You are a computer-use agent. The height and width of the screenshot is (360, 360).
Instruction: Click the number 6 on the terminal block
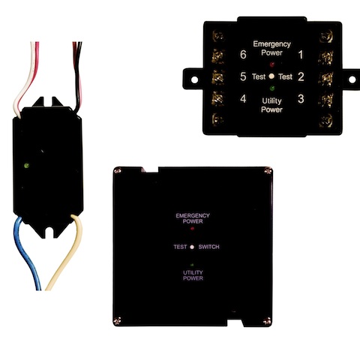pos(243,55)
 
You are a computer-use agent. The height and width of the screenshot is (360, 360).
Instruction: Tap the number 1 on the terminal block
pos(301,55)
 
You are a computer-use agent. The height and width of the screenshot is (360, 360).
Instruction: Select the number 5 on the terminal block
pos(243,76)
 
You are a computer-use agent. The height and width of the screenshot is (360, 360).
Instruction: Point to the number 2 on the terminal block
pos(301,76)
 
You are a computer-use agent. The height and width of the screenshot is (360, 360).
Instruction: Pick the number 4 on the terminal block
pos(243,99)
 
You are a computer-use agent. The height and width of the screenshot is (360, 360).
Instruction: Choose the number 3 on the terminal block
pos(301,99)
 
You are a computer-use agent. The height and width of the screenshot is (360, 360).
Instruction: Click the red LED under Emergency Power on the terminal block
pos(272,64)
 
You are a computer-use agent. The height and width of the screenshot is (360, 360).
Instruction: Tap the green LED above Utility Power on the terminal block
pos(272,88)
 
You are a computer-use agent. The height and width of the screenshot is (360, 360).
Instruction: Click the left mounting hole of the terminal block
pos(194,80)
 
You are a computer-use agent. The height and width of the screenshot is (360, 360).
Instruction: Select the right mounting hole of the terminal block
pos(352,79)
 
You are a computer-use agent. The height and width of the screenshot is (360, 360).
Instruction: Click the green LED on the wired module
pos(26,165)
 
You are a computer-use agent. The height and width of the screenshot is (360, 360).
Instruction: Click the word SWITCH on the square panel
pos(208,247)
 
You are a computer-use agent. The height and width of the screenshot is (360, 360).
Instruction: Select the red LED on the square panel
pos(192,228)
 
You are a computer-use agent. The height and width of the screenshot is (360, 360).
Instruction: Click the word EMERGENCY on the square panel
pos(193,215)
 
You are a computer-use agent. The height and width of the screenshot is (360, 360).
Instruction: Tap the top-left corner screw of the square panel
pos(117,171)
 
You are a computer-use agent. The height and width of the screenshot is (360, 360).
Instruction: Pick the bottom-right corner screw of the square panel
pos(267,320)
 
